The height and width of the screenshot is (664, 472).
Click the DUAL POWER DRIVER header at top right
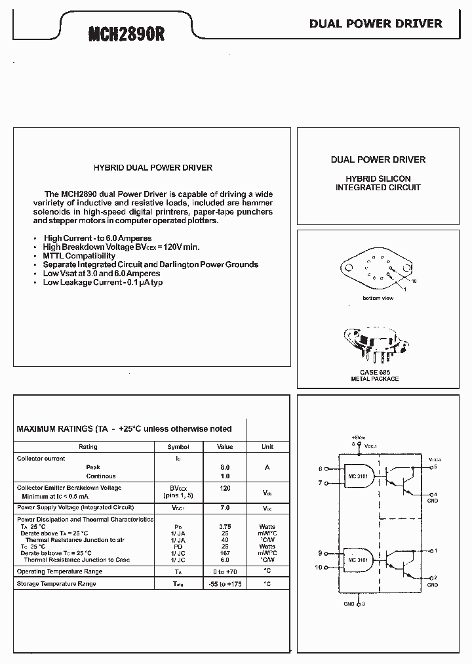coord(376,24)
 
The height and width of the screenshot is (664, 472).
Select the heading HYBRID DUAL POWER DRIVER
coord(153,168)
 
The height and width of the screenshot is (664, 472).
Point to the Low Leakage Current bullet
coord(103,282)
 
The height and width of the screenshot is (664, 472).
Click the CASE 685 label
coord(374,372)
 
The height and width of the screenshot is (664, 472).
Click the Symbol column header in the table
coord(178,447)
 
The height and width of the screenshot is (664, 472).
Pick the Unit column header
coord(267,447)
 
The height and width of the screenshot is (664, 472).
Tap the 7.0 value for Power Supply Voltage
coord(225,508)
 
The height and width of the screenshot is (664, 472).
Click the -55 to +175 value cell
coord(225,584)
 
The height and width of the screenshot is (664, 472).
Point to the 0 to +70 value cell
coord(225,572)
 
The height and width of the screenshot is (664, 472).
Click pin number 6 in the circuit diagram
coord(321,469)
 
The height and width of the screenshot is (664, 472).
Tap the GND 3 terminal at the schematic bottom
coord(353,604)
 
